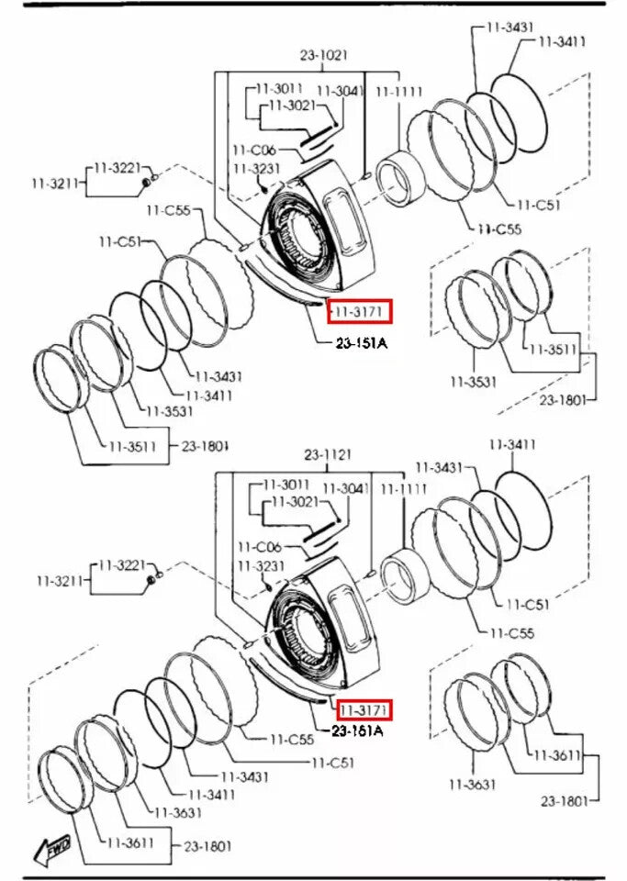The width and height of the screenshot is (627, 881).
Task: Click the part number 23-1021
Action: (x=324, y=55)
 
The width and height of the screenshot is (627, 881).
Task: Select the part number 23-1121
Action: (x=329, y=454)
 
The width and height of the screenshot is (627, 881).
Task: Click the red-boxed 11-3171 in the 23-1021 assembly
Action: (x=361, y=312)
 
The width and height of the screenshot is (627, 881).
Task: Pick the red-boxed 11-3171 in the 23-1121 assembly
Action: (x=364, y=709)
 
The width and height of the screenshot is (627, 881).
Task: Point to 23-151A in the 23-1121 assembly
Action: (x=357, y=731)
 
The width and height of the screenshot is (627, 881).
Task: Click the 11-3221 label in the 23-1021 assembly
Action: (x=117, y=168)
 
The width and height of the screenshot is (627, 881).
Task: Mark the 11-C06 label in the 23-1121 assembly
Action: (x=259, y=545)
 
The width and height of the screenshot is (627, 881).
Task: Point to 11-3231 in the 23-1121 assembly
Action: (x=259, y=565)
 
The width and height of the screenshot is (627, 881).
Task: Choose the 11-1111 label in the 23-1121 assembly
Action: (x=405, y=488)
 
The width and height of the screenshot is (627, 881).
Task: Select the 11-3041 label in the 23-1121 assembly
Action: (x=345, y=487)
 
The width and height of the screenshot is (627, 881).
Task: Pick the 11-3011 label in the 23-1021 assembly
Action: (x=279, y=89)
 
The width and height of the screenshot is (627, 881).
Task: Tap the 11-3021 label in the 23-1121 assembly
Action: (x=295, y=502)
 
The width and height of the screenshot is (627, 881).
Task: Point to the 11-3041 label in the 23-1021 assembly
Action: (x=339, y=91)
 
